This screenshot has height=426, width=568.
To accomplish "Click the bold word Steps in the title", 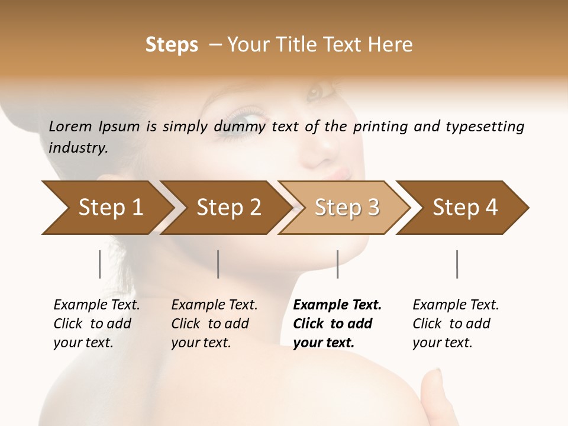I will tap(172, 45).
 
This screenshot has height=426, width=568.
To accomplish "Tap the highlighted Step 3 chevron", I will tap(347, 208).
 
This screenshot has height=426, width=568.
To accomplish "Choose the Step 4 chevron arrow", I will tap(465, 208).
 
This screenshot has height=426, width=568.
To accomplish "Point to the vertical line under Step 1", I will tap(100, 264).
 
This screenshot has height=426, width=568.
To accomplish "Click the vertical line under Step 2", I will tap(218, 264).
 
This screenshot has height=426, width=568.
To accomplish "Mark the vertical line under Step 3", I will tap(337, 264).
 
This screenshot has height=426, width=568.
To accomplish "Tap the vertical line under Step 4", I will tap(457, 264).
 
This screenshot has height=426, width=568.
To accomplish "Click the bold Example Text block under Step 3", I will tap(337, 324).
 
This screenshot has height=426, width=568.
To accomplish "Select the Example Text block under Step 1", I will tap(96, 324).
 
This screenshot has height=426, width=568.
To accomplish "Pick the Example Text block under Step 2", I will tap(214, 324).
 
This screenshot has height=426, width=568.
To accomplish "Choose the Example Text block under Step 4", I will tap(456, 324).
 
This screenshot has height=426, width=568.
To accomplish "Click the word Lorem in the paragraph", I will tap(70, 126).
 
